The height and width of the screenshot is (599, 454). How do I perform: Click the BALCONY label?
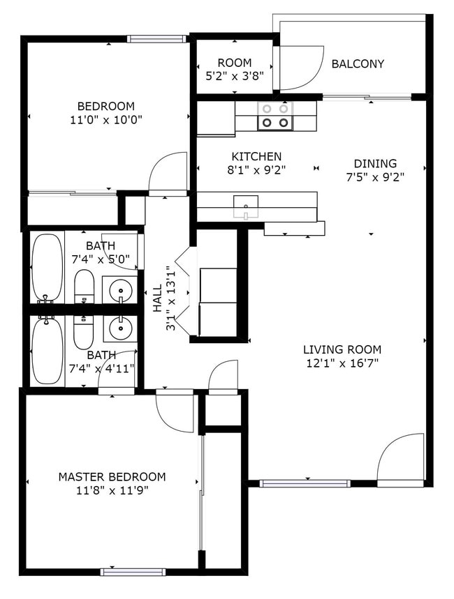click(x=358, y=64)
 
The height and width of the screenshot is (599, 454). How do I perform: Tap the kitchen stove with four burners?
click(x=274, y=116)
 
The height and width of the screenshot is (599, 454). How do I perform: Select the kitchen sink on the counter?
click(x=245, y=204)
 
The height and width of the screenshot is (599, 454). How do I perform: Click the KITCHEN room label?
click(x=256, y=157)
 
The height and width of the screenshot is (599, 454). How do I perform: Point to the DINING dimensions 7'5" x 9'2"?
click(x=376, y=176)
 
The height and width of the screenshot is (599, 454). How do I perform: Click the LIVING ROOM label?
click(x=342, y=349)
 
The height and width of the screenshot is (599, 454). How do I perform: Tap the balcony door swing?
click(x=300, y=68)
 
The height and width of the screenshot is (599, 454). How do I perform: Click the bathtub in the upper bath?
click(x=47, y=267)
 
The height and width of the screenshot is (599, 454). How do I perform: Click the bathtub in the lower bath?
click(x=47, y=351)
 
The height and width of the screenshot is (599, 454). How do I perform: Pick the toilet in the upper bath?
click(x=84, y=286)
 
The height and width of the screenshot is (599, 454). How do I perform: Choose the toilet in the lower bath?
click(x=83, y=333)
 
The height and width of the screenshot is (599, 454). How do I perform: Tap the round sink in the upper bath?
click(x=120, y=289)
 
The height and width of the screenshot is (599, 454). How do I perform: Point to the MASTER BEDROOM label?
click(x=112, y=477)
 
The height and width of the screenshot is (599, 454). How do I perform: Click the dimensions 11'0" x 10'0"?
click(x=105, y=119)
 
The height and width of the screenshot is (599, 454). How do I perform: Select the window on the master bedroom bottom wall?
click(x=133, y=572)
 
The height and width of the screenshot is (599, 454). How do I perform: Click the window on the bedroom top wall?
click(x=156, y=39)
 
